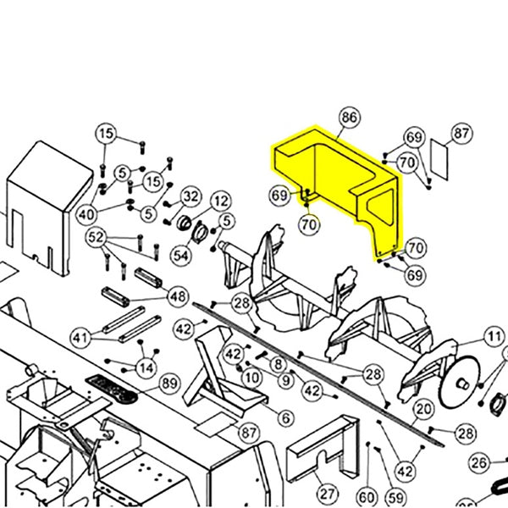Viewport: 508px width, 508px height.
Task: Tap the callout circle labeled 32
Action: pos(190,197)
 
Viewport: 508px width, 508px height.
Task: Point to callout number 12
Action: pos(220,202)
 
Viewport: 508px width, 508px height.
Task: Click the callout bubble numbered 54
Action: pos(181,255)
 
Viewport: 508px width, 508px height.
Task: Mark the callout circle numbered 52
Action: pos(97,236)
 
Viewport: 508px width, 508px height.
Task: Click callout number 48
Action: pos(178,296)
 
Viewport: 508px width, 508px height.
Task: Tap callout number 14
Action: pos(147,367)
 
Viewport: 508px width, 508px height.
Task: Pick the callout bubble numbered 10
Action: pos(251,377)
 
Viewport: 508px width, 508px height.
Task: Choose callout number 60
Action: pos(367,496)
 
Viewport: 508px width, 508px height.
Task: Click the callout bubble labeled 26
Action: pos(480,462)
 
